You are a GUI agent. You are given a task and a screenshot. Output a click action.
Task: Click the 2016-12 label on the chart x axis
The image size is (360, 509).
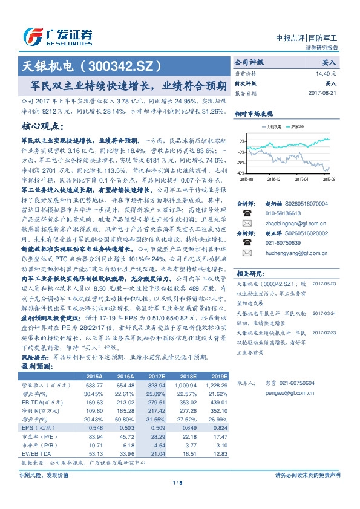274,178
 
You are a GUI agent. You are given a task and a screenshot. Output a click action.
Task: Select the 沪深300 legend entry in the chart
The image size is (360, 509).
297,127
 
